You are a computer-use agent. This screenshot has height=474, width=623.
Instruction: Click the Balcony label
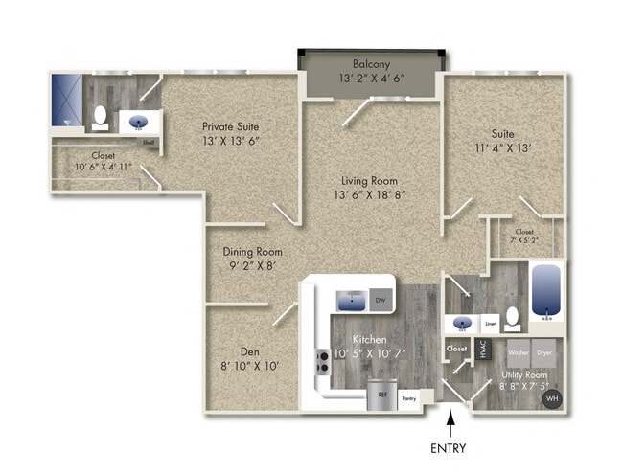point(370,64)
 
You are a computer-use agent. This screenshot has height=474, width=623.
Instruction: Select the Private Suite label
point(230,125)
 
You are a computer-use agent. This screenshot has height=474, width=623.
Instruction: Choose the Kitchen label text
point(370,339)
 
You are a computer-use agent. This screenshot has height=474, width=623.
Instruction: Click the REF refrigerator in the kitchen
point(381,395)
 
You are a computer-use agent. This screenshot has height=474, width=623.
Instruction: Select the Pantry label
point(408,395)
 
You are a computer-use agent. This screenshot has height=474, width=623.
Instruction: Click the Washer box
point(518,351)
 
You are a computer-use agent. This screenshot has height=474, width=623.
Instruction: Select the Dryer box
point(544,351)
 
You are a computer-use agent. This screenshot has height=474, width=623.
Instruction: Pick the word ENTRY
point(450,447)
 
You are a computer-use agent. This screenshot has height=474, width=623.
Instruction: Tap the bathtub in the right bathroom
point(545,291)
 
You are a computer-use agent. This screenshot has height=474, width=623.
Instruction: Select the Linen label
point(491,324)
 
